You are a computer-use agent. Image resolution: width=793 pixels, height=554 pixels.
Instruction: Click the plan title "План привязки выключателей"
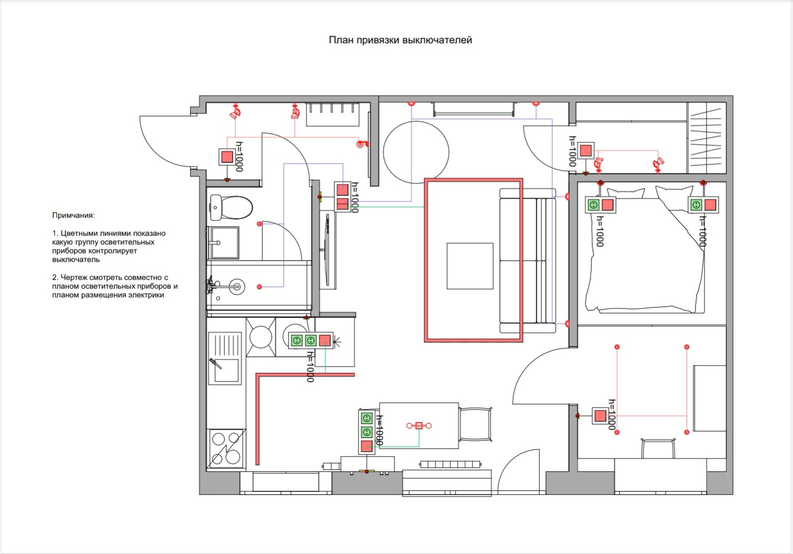tap(401, 40)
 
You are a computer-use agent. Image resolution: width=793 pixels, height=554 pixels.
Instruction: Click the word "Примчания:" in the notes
tap(73, 215)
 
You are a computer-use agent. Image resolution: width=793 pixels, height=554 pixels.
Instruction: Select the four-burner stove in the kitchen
tap(226, 449)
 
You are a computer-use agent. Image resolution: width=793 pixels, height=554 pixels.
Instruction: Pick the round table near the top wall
tap(416, 152)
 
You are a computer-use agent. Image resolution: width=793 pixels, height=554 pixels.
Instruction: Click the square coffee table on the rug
tap(470, 266)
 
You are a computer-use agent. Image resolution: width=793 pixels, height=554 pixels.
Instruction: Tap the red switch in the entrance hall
tap(227, 157)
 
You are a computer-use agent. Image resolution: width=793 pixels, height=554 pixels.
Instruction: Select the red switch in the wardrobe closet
tap(586, 151)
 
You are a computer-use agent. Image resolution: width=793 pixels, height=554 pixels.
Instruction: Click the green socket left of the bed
tap(593, 205)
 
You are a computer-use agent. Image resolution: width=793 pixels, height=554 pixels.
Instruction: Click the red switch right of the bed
tap(710, 205)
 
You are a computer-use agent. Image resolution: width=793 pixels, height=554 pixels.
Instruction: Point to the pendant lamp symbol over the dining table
tap(419, 426)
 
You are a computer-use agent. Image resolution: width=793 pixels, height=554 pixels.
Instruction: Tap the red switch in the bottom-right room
tap(600, 416)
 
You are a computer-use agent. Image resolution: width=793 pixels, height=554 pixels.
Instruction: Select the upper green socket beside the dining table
tap(367, 419)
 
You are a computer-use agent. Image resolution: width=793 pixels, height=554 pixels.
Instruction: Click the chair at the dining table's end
tap(476, 424)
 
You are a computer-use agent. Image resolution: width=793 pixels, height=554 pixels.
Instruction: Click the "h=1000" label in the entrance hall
tap(239, 156)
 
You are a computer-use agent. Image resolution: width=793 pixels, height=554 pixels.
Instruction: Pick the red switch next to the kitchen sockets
tap(325, 341)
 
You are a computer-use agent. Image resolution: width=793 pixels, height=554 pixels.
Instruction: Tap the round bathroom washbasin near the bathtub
tap(236, 287)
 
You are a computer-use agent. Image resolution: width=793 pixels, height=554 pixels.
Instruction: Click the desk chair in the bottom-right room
tap(658, 448)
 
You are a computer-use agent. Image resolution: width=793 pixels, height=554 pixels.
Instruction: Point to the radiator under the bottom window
tap(450, 464)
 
